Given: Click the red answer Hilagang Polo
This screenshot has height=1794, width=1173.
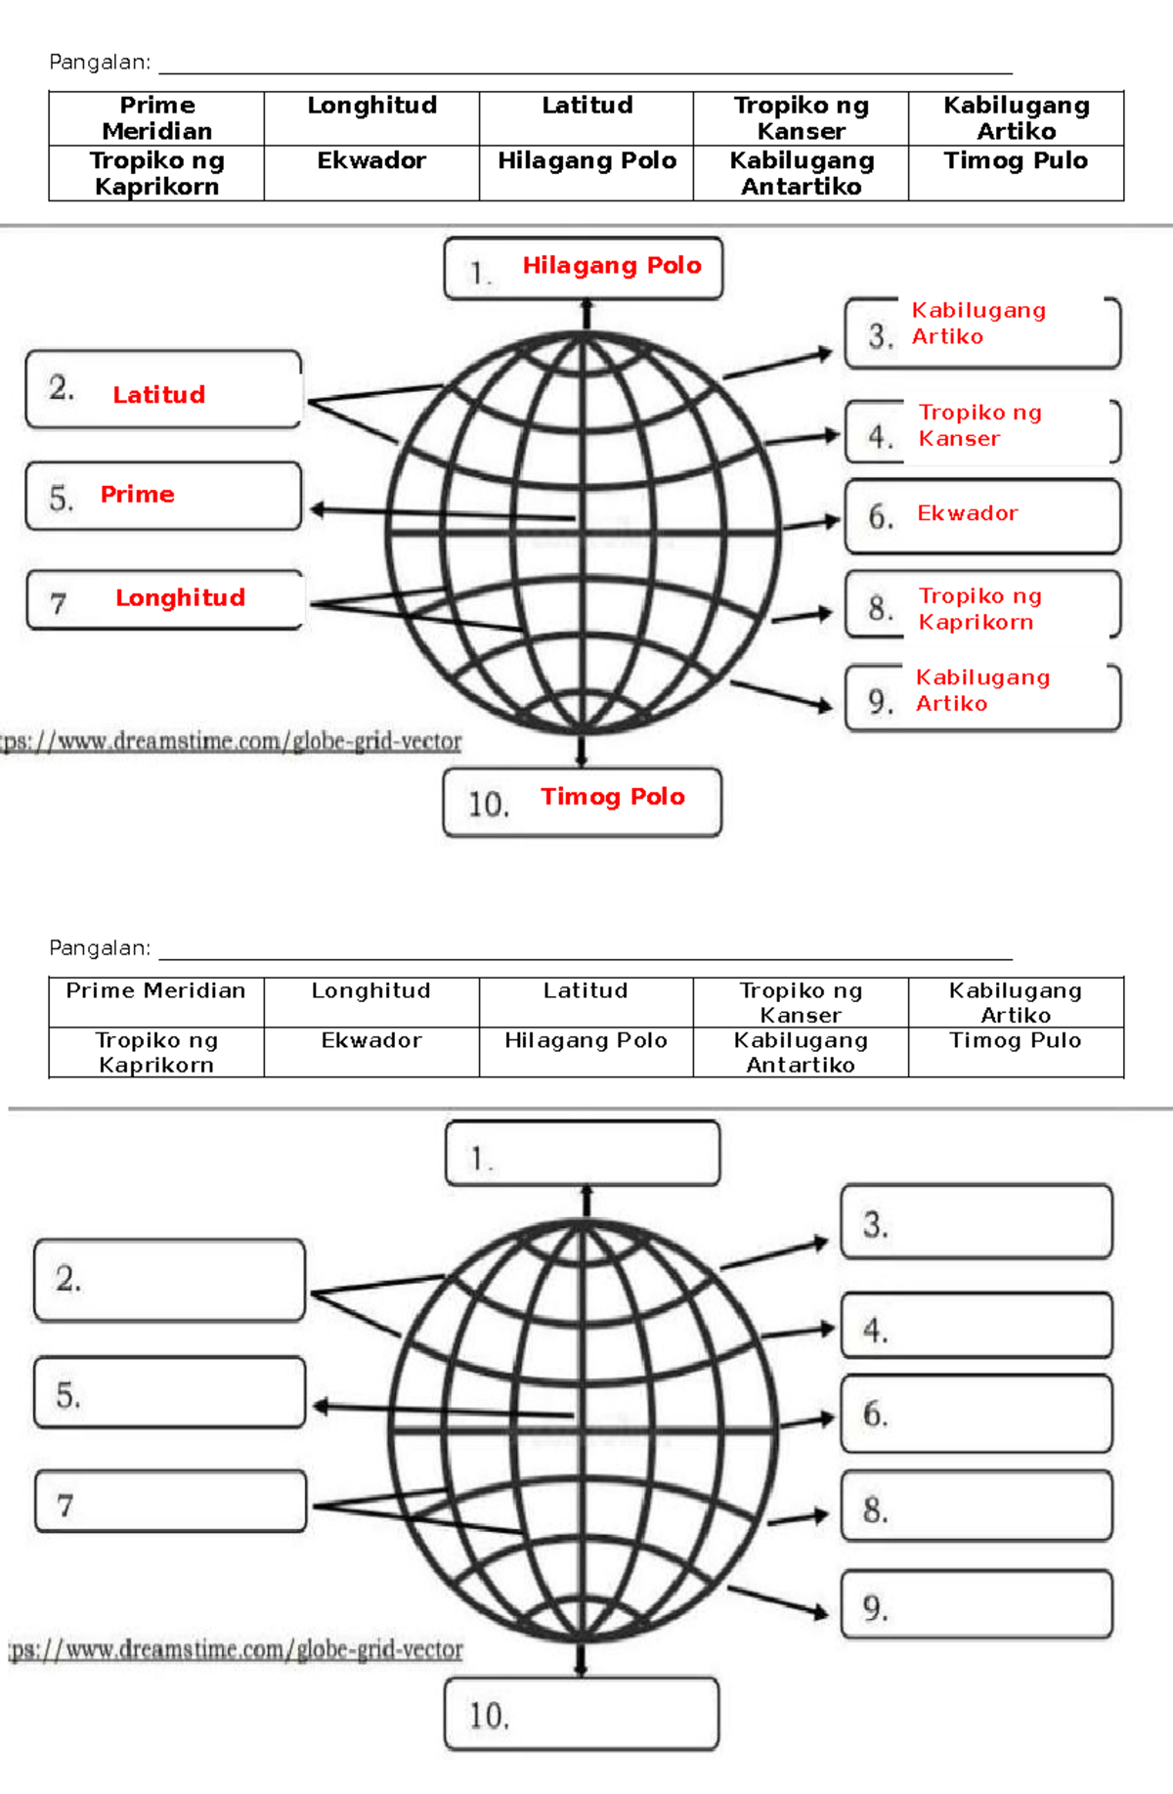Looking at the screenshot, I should point(612,266).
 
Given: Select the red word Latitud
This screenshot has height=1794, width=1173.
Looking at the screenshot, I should point(159,395).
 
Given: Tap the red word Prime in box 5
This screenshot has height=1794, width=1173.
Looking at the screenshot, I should point(138,495).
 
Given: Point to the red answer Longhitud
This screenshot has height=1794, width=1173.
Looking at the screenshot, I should point(181,598).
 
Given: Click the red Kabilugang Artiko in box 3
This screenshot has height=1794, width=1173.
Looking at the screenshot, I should point(978,324).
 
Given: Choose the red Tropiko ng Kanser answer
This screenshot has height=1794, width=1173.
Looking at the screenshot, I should point(979,426).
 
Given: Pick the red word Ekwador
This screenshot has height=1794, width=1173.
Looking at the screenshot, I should point(968,513).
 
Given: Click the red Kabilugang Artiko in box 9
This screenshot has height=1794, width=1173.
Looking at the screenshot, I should point(982,690).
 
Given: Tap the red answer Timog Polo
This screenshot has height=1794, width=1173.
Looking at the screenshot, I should point(613,797).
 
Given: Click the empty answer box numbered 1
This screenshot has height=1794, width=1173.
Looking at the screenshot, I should point(583,1154).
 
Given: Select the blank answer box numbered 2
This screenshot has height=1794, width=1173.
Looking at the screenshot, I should point(170,1280).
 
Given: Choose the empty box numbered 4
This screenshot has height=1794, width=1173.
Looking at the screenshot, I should point(977,1326).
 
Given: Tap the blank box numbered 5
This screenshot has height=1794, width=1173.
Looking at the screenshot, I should point(170,1392).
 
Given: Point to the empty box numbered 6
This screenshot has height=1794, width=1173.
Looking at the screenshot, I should point(977,1414).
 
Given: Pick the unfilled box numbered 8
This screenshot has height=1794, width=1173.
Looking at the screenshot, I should point(977,1507).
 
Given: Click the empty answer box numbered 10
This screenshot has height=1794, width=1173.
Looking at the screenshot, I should point(582,1714).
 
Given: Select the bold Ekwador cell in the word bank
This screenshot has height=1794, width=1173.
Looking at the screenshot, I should point(371,161).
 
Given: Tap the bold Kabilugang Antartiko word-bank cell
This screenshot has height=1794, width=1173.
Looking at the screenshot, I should point(802,174).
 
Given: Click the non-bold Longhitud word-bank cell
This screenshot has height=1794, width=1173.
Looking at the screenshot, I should point(371,991).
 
